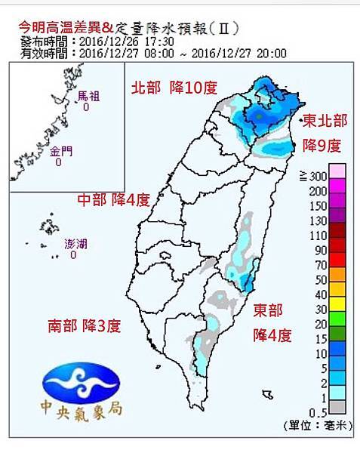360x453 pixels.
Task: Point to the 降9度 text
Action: coord(322,144)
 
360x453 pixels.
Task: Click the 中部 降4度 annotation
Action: coord(115,200)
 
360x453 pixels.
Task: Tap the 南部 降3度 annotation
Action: coord(85,326)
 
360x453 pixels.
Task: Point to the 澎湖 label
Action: coord(75,244)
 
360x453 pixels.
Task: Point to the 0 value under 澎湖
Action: coord(73,255)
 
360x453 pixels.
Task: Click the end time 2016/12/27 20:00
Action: coord(248,53)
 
